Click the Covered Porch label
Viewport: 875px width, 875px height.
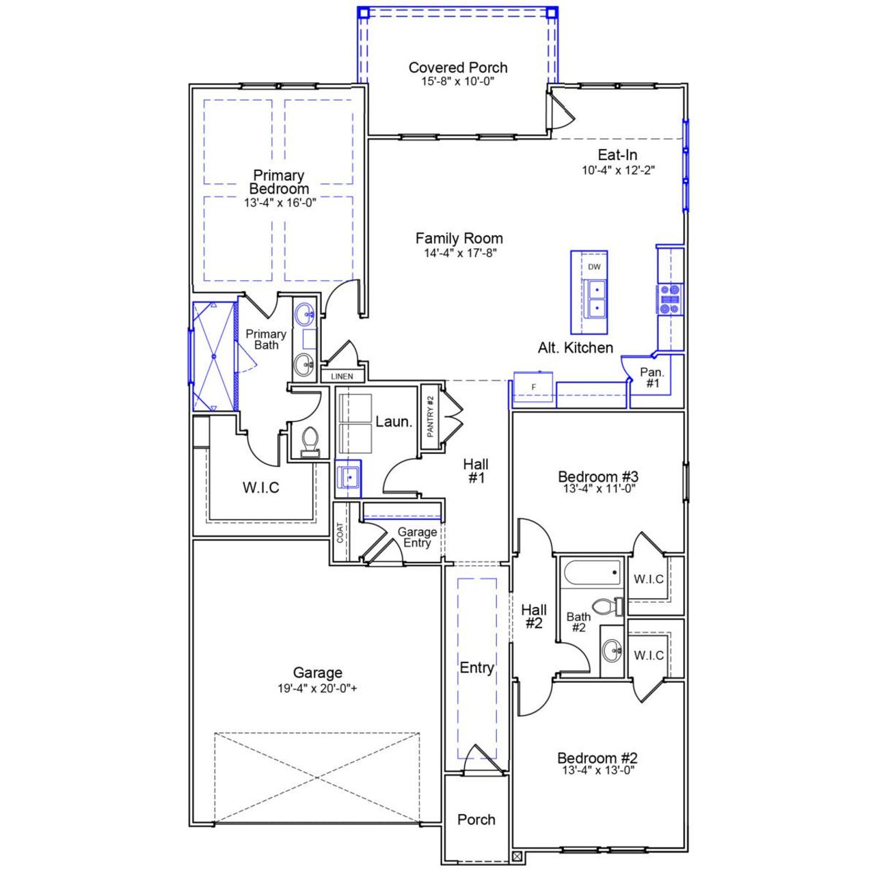click(458, 68)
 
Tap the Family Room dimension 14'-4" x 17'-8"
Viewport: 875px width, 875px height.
click(458, 253)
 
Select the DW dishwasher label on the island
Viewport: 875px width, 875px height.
click(594, 267)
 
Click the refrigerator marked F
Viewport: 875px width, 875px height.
click(534, 388)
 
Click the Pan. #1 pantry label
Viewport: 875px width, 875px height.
click(652, 377)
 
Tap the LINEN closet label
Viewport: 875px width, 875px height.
click(342, 377)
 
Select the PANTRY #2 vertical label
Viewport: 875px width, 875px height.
click(430, 417)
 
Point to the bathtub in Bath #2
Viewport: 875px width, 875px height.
click(592, 572)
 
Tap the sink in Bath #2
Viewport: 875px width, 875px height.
click(612, 650)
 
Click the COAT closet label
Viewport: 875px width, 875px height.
click(340, 533)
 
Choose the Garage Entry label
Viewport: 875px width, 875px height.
click(417, 537)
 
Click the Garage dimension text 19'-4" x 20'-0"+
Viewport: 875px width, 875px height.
click(317, 688)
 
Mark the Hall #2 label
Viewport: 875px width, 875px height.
click(534, 616)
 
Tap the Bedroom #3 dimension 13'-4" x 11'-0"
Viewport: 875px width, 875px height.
click(598, 489)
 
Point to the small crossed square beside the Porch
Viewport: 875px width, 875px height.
click(517, 855)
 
